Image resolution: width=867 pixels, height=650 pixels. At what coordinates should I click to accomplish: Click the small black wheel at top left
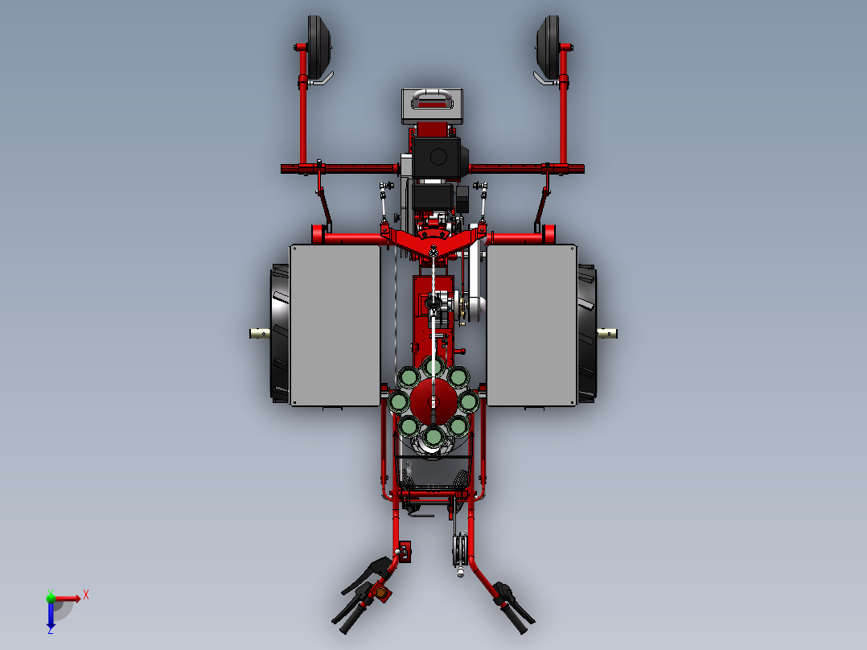tap(319, 43)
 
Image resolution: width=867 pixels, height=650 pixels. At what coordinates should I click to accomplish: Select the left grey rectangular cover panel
tap(335, 325)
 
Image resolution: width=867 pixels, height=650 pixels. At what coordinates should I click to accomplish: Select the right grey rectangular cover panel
tap(532, 325)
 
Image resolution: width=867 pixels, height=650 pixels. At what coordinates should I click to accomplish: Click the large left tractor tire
tap(279, 334)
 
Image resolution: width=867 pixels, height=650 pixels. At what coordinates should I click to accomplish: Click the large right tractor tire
tap(587, 334)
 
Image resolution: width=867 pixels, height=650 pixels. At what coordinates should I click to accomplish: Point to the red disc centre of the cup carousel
tap(433, 401)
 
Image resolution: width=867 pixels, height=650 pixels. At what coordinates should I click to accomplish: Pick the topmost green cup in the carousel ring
tap(433, 368)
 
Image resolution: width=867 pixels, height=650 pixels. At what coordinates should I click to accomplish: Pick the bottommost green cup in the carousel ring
tap(433, 436)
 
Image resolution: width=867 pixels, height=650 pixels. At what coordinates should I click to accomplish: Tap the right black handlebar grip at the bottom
tap(518, 615)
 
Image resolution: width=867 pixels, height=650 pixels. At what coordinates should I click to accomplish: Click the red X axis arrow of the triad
tap(73, 598)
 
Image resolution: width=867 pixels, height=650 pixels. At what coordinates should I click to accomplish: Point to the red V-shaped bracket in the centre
tap(433, 242)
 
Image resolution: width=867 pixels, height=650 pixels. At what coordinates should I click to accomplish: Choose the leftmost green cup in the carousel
tap(399, 401)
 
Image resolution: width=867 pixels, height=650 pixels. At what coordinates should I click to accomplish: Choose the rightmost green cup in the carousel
tap(468, 401)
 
